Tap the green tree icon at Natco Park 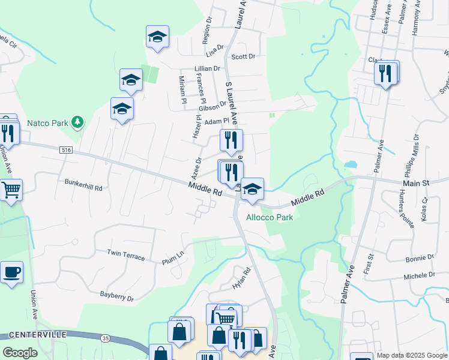[77, 123]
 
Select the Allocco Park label [270, 217]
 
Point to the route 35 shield [105, 338]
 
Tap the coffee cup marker [11, 273]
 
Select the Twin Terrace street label [126, 256]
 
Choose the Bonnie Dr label [420, 258]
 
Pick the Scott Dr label [243, 56]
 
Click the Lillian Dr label [207, 69]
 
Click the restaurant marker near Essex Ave [386, 73]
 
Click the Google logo [20, 353]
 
